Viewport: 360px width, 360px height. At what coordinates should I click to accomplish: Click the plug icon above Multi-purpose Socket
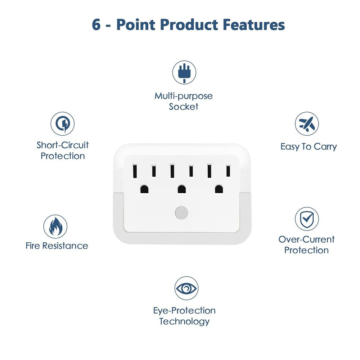tap(184, 72)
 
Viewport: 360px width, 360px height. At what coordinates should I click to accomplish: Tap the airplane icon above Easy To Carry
tap(307, 124)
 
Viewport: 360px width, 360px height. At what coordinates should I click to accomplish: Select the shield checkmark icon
tap(307, 219)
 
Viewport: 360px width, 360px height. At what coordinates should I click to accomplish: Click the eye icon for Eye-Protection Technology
tap(186, 288)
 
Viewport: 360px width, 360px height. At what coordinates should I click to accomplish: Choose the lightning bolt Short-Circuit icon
tap(63, 123)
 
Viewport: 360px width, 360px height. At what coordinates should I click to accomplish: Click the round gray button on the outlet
tap(181, 213)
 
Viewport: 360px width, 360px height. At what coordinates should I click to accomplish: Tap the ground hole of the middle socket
tap(181, 189)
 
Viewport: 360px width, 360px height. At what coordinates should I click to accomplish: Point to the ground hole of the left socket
tap(144, 189)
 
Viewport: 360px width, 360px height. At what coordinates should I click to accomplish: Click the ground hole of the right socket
tap(219, 189)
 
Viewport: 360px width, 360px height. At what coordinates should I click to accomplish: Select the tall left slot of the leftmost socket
tap(135, 171)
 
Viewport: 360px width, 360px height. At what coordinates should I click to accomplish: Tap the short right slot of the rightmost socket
tap(228, 171)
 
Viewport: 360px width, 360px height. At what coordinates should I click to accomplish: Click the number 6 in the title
tap(96, 25)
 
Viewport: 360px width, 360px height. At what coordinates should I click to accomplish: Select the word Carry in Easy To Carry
tap(325, 147)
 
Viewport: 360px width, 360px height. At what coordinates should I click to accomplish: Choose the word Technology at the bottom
tap(184, 321)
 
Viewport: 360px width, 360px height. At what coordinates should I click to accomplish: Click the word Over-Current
tap(306, 239)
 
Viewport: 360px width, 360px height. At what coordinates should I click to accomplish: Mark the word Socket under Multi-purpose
tap(184, 107)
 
